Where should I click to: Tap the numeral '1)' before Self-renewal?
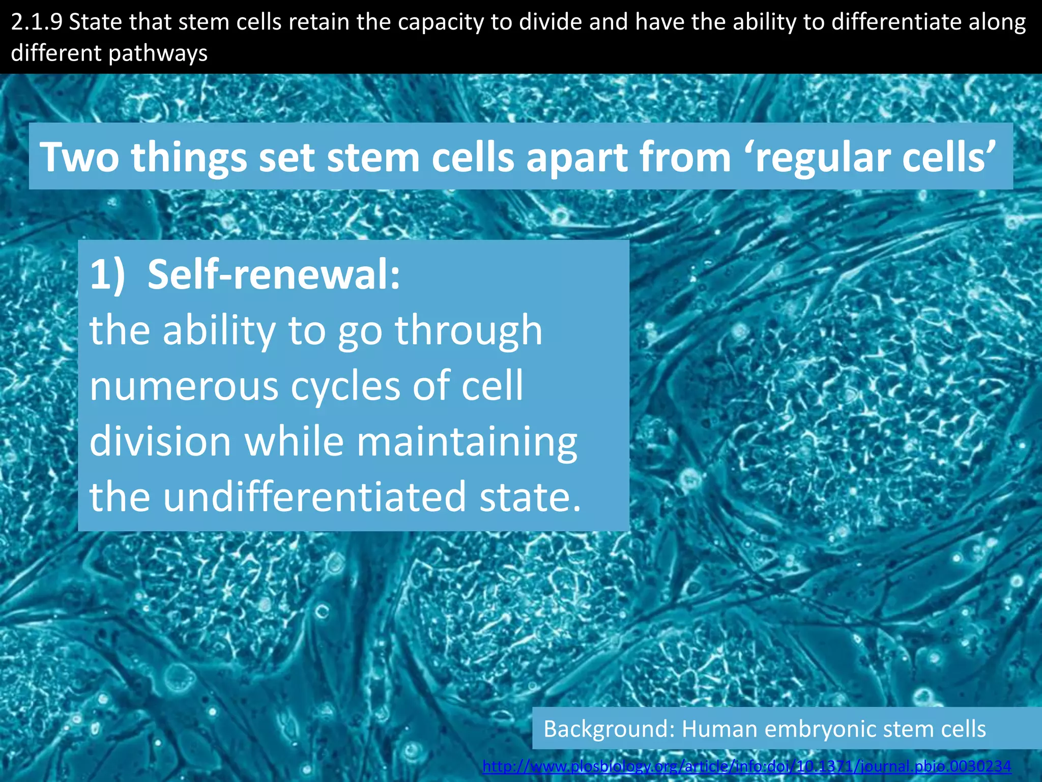(x=107, y=275)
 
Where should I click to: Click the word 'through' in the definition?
(x=469, y=331)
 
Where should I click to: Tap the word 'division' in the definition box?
(x=161, y=441)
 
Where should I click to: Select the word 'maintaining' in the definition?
(x=467, y=442)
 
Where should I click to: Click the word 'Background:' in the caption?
(x=609, y=729)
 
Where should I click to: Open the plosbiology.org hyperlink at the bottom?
(x=746, y=766)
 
